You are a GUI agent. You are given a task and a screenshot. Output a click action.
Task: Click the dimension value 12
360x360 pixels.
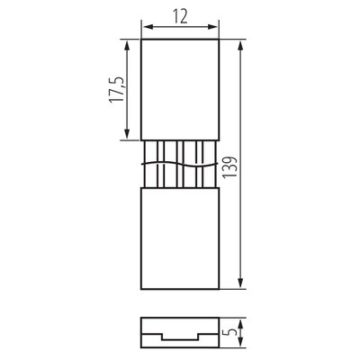180,16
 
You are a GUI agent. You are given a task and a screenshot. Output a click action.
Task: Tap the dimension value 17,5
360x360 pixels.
116,89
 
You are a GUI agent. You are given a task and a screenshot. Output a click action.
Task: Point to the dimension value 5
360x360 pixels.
231,332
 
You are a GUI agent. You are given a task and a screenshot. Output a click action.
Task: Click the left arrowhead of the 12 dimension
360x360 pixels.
148,27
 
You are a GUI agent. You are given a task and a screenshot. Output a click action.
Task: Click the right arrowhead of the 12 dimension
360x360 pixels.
211,27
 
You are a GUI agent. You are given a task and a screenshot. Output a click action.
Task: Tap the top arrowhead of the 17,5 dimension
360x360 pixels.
127,47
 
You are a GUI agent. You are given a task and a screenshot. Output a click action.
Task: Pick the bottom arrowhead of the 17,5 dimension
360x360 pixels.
127,132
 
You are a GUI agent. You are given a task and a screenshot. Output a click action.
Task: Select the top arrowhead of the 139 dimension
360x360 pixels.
240,47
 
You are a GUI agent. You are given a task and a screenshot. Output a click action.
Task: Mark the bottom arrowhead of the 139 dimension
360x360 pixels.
240,282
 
